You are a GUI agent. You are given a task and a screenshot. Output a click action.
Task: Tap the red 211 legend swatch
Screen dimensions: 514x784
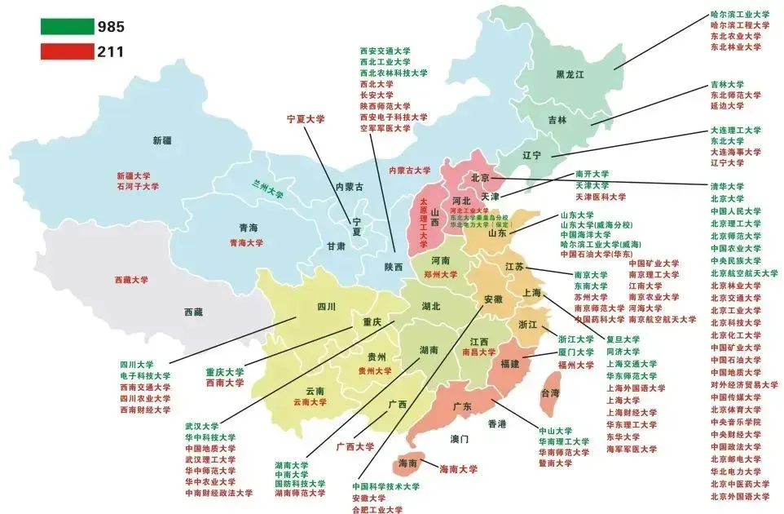click(x=68, y=51)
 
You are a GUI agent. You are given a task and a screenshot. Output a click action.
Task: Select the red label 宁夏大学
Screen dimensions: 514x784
click(x=306, y=118)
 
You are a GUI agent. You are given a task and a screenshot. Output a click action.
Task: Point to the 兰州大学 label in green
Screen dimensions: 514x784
click(x=268, y=188)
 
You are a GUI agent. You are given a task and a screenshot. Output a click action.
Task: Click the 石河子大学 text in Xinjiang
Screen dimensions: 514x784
click(x=138, y=187)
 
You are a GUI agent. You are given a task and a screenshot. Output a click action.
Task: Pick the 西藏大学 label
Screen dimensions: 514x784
click(x=132, y=279)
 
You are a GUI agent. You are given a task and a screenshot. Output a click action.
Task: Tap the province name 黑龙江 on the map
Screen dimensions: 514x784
click(x=570, y=74)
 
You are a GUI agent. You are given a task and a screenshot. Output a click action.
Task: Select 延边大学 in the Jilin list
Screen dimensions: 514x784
click(x=727, y=106)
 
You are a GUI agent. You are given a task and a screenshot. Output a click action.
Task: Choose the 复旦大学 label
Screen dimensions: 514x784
click(x=623, y=339)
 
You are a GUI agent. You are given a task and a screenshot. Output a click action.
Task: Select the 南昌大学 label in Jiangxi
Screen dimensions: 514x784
click(x=478, y=352)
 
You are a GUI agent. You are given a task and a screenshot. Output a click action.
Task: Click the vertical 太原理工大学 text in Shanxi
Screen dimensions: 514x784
click(x=423, y=223)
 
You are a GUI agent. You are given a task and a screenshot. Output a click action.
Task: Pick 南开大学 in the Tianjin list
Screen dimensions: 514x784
click(x=592, y=174)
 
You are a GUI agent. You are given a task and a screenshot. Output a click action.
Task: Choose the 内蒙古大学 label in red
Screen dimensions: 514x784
click(x=409, y=171)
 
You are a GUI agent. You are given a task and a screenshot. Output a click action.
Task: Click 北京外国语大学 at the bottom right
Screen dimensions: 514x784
click(x=739, y=496)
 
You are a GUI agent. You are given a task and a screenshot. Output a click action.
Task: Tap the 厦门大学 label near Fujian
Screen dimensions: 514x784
click(x=575, y=352)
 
